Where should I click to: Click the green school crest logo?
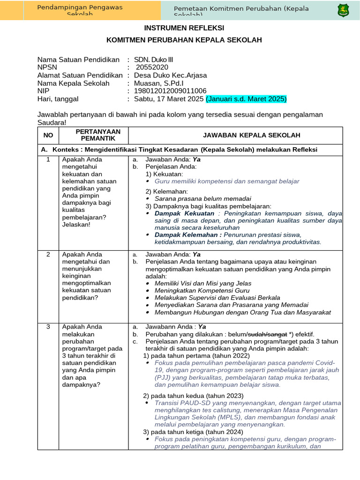(x=343, y=10)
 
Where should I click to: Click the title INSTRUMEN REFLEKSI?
(x=184, y=28)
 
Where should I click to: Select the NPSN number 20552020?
(x=152, y=67)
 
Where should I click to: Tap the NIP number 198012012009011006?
(x=170, y=91)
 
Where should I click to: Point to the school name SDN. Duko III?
(x=153, y=60)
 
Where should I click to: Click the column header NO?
(x=48, y=135)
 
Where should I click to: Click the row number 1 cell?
(x=48, y=159)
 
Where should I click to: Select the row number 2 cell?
(x=48, y=255)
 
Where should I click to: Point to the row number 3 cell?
(x=48, y=327)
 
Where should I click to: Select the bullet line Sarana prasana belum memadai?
(x=202, y=198)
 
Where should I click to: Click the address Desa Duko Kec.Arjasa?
(x=170, y=75)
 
